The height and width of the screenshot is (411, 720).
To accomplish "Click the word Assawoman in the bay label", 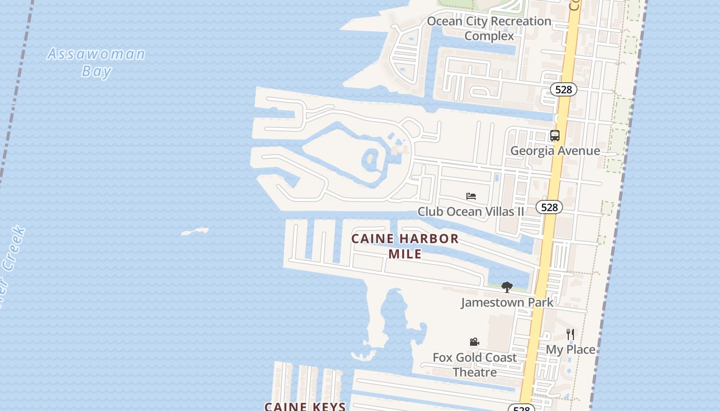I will [96, 54].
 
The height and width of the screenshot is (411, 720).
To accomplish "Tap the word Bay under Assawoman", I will [96, 71].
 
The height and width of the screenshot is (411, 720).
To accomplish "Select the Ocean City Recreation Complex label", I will [489, 28].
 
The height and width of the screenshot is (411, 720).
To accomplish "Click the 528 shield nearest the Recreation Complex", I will [563, 89].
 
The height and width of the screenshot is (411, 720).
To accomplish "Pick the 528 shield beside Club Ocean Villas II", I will [549, 207].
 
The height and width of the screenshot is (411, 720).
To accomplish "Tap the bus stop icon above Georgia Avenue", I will [554, 136].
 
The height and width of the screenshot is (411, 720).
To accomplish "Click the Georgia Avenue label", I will [555, 151].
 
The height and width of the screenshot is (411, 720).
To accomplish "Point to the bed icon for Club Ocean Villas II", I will [471, 196].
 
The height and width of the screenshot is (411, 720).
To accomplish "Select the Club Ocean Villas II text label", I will [471, 211].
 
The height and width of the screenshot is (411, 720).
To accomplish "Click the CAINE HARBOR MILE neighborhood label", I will [405, 246].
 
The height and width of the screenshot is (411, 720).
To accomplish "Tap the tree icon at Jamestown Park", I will [507, 287].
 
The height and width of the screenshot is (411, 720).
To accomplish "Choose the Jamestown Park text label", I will [507, 302].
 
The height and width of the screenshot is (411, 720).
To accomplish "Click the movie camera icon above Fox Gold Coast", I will [474, 342].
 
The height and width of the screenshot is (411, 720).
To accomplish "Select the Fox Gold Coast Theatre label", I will [474, 364].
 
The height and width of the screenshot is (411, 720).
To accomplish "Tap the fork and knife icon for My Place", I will [570, 334].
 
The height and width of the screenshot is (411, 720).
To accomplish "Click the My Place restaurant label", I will [570, 349].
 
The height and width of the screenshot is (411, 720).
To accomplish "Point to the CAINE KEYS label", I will [305, 406].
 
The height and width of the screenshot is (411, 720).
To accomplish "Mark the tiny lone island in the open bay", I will [195, 232].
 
